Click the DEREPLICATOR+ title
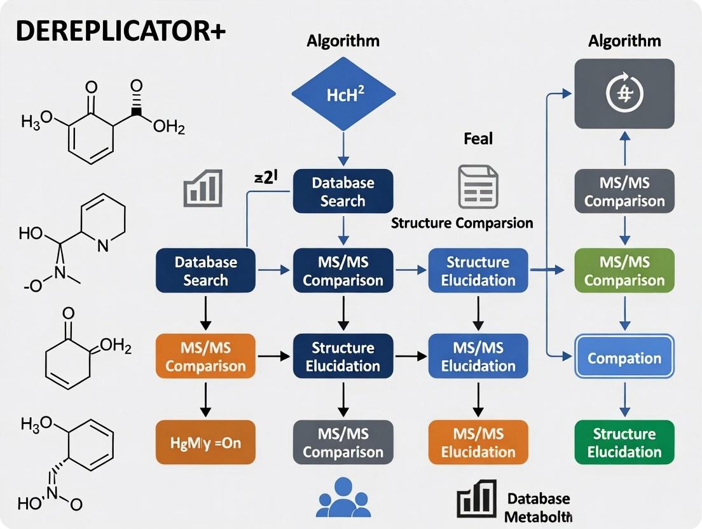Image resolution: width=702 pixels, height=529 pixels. click(x=120, y=32)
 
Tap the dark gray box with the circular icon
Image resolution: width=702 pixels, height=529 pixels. click(x=624, y=94)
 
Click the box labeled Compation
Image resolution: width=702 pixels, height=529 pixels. click(x=624, y=358)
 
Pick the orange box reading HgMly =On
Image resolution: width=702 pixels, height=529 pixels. click(x=205, y=443)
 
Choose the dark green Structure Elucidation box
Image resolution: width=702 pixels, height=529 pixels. click(x=624, y=443)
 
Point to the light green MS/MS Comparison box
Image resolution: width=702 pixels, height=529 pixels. click(x=624, y=271)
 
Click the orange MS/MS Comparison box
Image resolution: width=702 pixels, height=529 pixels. click(x=205, y=357)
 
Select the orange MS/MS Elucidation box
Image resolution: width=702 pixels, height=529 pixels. click(x=478, y=443)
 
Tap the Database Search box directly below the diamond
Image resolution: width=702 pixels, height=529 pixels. click(x=343, y=192)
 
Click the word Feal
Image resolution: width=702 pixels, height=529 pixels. click(x=478, y=139)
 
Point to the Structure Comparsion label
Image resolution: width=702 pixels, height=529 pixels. click(x=462, y=223)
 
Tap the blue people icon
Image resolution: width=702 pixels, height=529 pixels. click(x=343, y=496)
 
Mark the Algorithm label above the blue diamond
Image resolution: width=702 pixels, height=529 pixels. click(x=343, y=41)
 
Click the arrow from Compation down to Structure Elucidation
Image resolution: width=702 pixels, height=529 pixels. click(x=624, y=398)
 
